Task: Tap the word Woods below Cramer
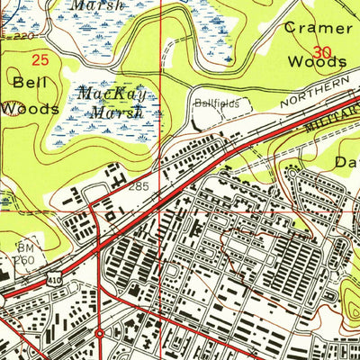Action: (316, 62)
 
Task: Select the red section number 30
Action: (321, 52)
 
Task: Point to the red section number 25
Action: (40, 60)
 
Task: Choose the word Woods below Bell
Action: (29, 108)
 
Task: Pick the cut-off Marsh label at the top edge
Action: (96, 4)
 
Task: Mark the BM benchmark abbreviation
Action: (24, 246)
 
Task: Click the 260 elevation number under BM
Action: (24, 261)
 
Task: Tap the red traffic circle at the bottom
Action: (99, 334)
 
